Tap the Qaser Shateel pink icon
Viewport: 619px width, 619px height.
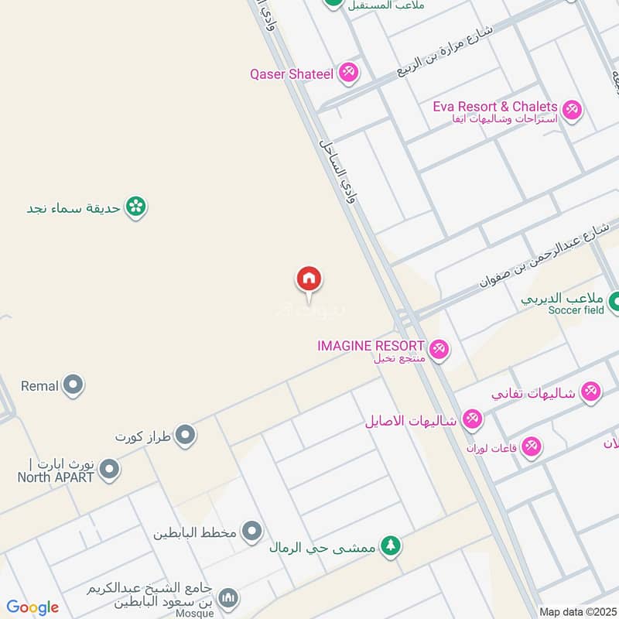tap(348, 74)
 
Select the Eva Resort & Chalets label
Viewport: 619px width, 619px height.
tap(495, 106)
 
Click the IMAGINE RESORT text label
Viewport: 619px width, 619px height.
tap(371, 345)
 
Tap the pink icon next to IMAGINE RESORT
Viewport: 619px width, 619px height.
tap(439, 349)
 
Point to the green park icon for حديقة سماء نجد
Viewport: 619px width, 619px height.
tap(136, 207)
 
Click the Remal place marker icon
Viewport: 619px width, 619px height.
tap(74, 385)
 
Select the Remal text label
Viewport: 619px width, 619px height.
tap(39, 385)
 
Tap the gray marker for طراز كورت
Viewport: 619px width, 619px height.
tap(185, 436)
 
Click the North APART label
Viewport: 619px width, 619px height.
tap(56, 477)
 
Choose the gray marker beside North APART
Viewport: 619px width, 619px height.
tap(109, 469)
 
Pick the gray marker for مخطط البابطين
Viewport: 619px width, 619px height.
tap(251, 532)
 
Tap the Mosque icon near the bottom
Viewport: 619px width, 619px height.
tap(227, 598)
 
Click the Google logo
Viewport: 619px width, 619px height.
tap(32, 607)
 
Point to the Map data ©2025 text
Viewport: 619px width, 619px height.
tap(577, 611)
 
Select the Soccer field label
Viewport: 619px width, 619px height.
tap(576, 310)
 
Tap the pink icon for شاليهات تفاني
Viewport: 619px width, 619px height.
tap(590, 392)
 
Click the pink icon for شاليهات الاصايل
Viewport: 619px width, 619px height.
tap(471, 420)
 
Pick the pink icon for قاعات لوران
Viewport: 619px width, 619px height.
tap(531, 446)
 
